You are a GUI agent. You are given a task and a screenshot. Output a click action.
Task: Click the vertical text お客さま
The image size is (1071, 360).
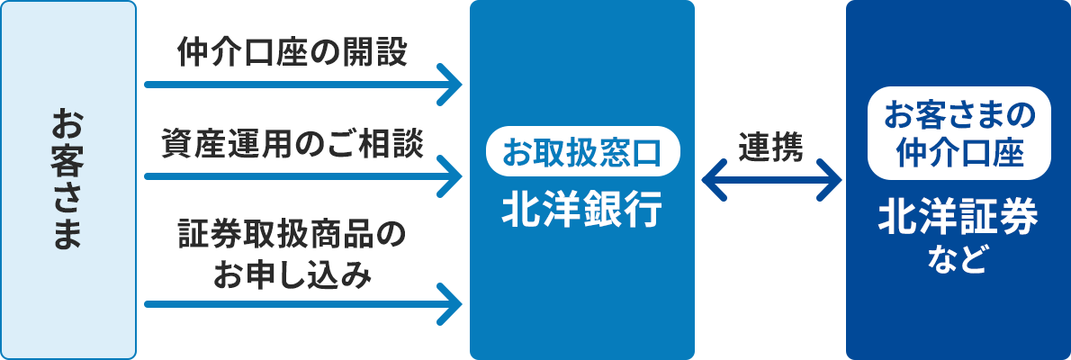coord(67,179)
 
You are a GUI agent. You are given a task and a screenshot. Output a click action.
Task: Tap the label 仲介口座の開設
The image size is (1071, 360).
coord(292,53)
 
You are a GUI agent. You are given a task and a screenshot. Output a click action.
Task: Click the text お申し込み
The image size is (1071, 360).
coord(292,274)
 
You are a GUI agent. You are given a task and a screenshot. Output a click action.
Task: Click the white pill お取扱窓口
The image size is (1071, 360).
coord(582,151)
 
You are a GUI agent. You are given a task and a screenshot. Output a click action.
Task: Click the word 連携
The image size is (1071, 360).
coord(770,147)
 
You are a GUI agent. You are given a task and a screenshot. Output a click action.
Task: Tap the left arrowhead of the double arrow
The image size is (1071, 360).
coord(713,180)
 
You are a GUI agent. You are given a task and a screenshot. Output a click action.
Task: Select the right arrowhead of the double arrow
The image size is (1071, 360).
coord(829,180)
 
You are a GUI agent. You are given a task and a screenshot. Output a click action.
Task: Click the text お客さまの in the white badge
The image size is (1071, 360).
coord(958,114)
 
